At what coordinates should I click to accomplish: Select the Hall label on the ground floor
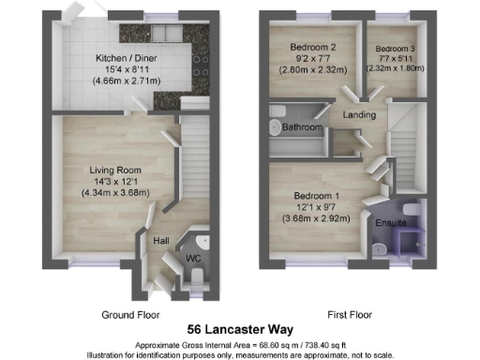[x=161, y=240]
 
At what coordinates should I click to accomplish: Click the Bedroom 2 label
[x=306, y=46]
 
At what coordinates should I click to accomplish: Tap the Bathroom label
[x=304, y=127]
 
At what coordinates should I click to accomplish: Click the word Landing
[x=359, y=115]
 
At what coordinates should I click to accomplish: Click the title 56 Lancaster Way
[x=240, y=329]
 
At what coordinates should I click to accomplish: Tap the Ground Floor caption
[x=130, y=314]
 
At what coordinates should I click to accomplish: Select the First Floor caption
[x=345, y=314]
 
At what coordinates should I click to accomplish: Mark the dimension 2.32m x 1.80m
[x=395, y=68]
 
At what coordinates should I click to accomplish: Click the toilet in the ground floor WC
[x=200, y=274]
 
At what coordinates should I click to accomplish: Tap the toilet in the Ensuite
[x=381, y=247]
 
